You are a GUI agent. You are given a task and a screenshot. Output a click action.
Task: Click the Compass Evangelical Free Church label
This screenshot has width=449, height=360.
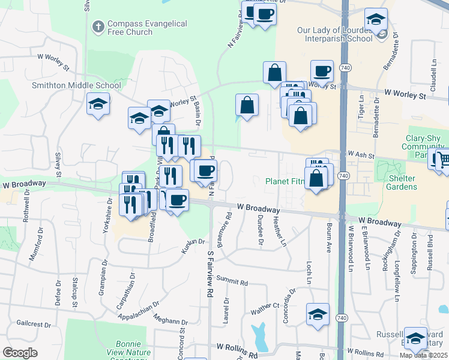tap(147, 28)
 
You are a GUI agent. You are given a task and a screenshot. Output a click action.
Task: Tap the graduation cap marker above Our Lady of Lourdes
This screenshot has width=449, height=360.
tap(376, 20)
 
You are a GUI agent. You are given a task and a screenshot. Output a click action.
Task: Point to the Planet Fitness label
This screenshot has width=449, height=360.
tap(285, 181)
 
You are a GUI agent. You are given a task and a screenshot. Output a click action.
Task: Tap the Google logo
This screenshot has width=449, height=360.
tap(20, 353)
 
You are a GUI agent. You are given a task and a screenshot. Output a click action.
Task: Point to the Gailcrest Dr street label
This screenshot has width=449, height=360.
tap(34, 324)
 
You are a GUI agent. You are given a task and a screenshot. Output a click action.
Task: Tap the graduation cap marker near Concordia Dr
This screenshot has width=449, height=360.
tap(318, 314)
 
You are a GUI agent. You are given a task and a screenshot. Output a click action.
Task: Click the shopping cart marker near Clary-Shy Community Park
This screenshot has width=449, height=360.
tap(441, 160)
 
